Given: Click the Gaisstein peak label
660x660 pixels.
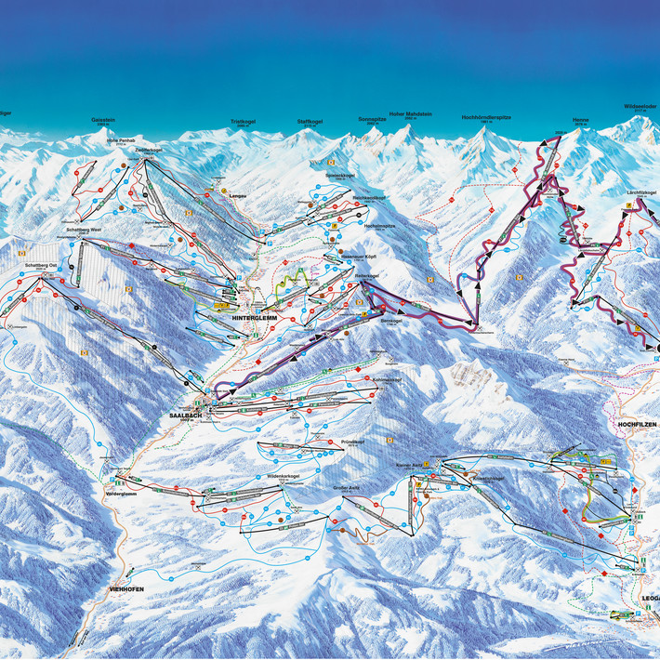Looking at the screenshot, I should [x=103, y=120].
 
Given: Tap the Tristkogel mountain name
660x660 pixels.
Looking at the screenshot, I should [x=242, y=121].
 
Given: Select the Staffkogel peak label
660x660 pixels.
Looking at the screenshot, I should [x=309, y=121].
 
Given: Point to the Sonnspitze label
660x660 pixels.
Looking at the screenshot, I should [x=371, y=119].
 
